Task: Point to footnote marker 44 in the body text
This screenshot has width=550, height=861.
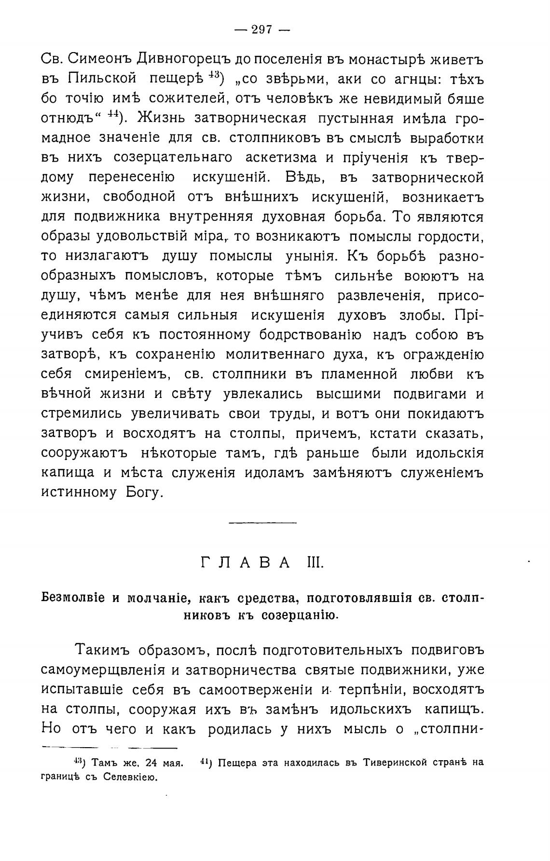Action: click(x=113, y=115)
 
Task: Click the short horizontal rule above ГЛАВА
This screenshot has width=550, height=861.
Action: click(x=262, y=522)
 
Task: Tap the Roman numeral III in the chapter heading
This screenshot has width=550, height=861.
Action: click(x=316, y=563)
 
